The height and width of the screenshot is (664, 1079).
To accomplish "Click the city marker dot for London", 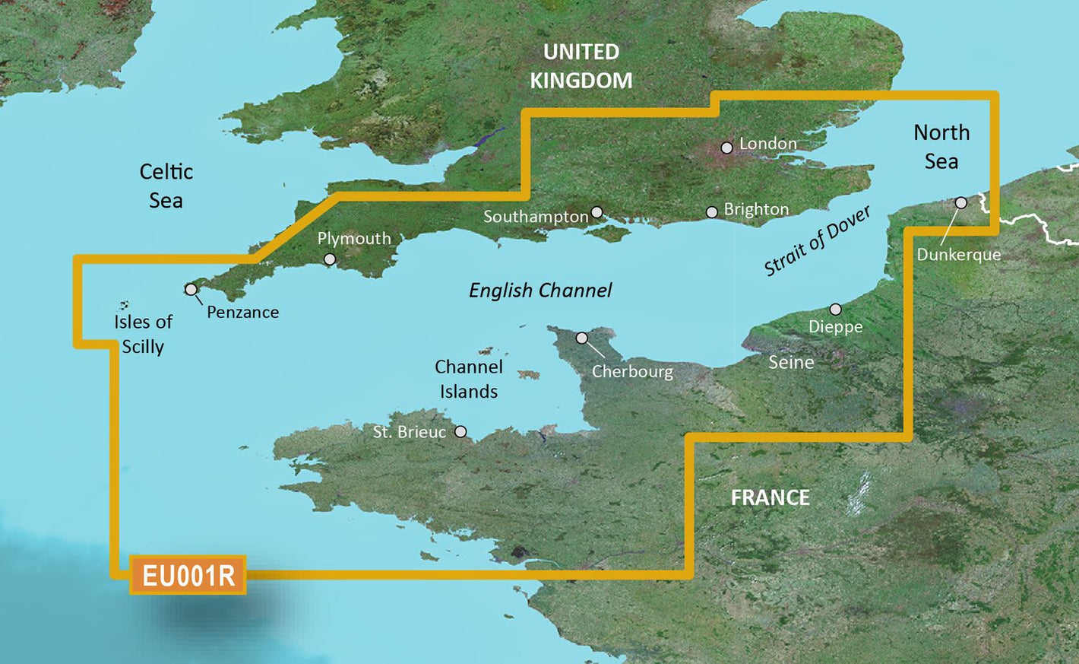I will pyautogui.click(x=727, y=148).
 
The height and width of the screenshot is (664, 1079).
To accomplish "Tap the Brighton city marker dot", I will pyautogui.click(x=712, y=212).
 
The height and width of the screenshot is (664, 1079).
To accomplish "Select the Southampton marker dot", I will pyautogui.click(x=597, y=212).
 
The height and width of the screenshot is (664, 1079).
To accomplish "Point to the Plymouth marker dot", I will pyautogui.click(x=330, y=259).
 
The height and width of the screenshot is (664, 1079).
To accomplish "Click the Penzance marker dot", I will pyautogui.click(x=191, y=290).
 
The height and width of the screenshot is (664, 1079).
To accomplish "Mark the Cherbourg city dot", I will pyautogui.click(x=582, y=338).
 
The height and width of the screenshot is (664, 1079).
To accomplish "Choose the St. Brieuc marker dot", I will pyautogui.click(x=460, y=432).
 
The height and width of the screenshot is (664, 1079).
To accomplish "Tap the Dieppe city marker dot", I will pyautogui.click(x=836, y=310).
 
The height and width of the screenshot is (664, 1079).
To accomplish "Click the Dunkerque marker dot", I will pyautogui.click(x=961, y=202).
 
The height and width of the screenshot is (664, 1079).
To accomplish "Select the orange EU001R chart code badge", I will pyautogui.click(x=188, y=576).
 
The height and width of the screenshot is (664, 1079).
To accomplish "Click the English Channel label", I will pyautogui.click(x=540, y=291).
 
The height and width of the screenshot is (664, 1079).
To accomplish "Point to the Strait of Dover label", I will pyautogui.click(x=817, y=241).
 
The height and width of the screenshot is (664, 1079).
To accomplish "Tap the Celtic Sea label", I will pyautogui.click(x=166, y=186).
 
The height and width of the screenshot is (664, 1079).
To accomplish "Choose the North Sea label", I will pyautogui.click(x=941, y=147).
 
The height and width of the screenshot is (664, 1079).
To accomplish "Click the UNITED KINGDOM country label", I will pyautogui.click(x=581, y=66).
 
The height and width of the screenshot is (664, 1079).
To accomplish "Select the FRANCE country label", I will pyautogui.click(x=770, y=498).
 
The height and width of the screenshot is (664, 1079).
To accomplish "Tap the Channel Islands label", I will pyautogui.click(x=469, y=379).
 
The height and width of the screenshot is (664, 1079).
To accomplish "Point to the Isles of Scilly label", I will pyautogui.click(x=143, y=334).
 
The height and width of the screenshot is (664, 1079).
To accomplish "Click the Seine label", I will pyautogui.click(x=791, y=363).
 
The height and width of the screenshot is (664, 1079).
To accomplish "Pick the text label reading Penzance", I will pyautogui.click(x=242, y=312).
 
